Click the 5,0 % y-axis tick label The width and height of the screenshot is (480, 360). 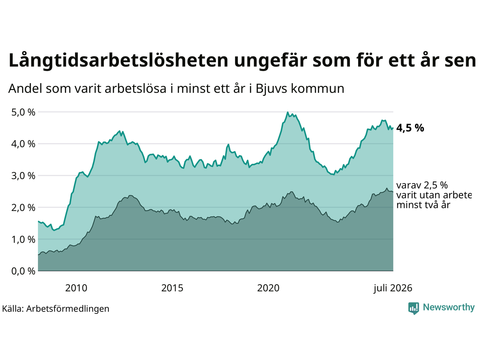tap(23, 112)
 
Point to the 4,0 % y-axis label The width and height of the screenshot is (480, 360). tap(23, 144)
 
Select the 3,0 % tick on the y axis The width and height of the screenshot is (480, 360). tap(23, 176)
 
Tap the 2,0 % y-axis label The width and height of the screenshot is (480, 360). tap(23, 208)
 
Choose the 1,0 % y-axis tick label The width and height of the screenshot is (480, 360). tap(23, 240)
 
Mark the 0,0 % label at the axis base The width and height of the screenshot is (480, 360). tap(23, 271)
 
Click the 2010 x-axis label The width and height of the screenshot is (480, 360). tap(76, 288)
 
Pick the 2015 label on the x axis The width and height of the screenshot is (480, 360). tap(172, 288)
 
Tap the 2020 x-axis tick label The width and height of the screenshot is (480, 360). tap(268, 288)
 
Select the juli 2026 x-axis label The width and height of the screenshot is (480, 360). tap(393, 288)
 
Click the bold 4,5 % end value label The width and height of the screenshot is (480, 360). tap(410, 128)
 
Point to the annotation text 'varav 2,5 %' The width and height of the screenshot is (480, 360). tap(422, 185)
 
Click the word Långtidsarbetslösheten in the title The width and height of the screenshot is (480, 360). tap(118, 60)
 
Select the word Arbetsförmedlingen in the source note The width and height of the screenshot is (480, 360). tap(67, 309)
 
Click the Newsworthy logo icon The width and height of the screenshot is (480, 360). tap(414, 308)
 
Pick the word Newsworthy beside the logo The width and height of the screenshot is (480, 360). tap(449, 307)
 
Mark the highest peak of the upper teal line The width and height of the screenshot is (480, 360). tap(288, 112)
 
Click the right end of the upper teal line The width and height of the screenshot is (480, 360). tap(393, 128)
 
